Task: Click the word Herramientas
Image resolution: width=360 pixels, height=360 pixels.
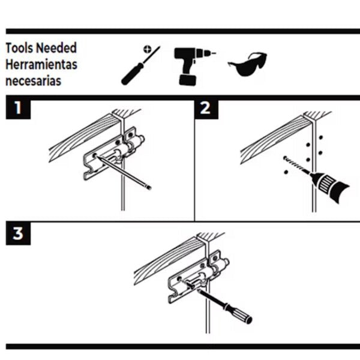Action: pyautogui.click(x=41, y=64)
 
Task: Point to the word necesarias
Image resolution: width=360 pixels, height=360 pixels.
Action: pyautogui.click(x=33, y=80)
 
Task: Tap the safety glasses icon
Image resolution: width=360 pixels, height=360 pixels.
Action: pyautogui.click(x=247, y=64)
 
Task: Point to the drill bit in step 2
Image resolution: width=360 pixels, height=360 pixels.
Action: pyautogui.click(x=295, y=166)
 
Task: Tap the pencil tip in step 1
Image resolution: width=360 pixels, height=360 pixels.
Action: pyautogui.click(x=148, y=188)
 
